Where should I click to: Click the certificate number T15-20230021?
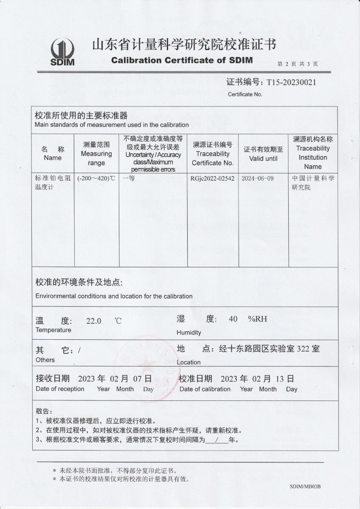pyautogui.click(x=291, y=82)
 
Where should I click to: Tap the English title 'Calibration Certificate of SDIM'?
pyautogui.click(x=182, y=60)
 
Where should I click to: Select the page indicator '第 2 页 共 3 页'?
pyautogui.click(x=298, y=64)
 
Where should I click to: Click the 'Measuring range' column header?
pyautogui.click(x=96, y=154)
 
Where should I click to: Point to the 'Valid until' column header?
pyautogui.click(x=263, y=154)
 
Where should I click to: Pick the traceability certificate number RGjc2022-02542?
pyautogui.click(x=212, y=179)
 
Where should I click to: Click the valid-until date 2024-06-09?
pyautogui.click(x=257, y=179)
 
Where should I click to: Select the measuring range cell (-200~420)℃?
pyautogui.click(x=96, y=179)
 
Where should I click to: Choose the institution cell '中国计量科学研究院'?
pyautogui.click(x=313, y=183)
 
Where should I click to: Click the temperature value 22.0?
pyautogui.click(x=93, y=321)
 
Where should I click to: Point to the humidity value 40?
pyautogui.click(x=233, y=319)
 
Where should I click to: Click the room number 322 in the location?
pyautogui.click(x=303, y=349)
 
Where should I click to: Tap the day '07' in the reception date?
pyautogui.click(x=130, y=378)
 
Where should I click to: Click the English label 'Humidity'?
pyautogui.click(x=189, y=333)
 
